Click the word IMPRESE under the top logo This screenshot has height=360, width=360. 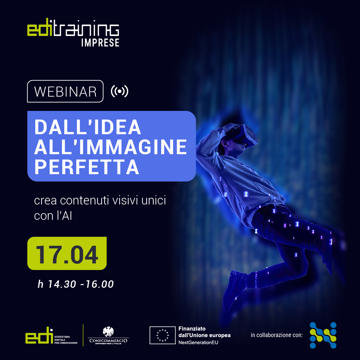(100, 43)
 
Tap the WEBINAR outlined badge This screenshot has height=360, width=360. (65, 91)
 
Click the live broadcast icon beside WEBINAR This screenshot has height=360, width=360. (119, 91)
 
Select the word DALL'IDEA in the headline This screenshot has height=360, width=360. (88, 127)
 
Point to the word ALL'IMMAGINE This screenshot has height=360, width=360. (111, 147)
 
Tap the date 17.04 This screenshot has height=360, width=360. (67, 255)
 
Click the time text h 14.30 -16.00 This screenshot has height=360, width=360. (76, 284)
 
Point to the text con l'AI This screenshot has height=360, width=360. (53, 215)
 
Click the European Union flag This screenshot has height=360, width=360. (163, 335)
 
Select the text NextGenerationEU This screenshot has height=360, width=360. (198, 343)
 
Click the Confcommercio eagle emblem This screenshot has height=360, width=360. (108, 332)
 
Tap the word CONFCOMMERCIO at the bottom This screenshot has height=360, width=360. (108, 340)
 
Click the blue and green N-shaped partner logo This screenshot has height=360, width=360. (323, 335)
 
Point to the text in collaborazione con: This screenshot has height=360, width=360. (277, 335)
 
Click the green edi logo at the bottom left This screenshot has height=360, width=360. (39, 335)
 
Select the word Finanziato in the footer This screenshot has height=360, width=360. (192, 329)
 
